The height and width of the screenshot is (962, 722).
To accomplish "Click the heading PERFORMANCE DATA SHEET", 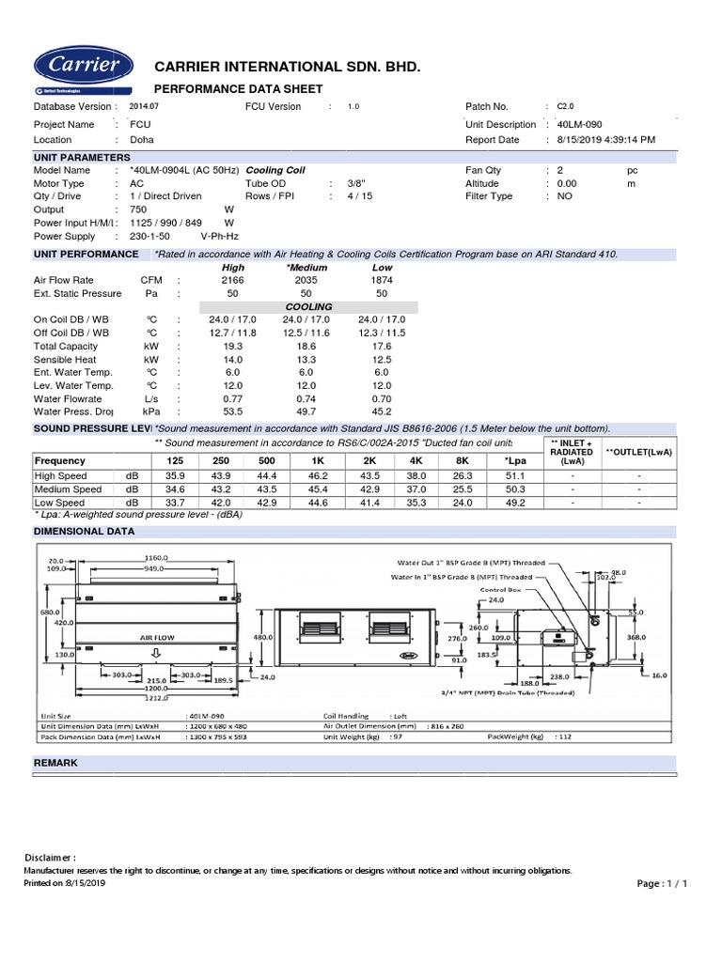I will pyautogui.click(x=238, y=89).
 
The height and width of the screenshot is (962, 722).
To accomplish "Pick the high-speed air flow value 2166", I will pyautogui.click(x=232, y=280).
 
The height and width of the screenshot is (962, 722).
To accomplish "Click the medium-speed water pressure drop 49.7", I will pyautogui.click(x=306, y=411).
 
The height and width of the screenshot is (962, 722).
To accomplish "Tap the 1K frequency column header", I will pyautogui.click(x=317, y=460).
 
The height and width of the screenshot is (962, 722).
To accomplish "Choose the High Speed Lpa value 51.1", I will pyautogui.click(x=503, y=476).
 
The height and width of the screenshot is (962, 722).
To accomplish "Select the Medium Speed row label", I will pyautogui.click(x=68, y=489).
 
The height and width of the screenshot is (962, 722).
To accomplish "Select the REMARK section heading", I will pyautogui.click(x=55, y=764).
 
